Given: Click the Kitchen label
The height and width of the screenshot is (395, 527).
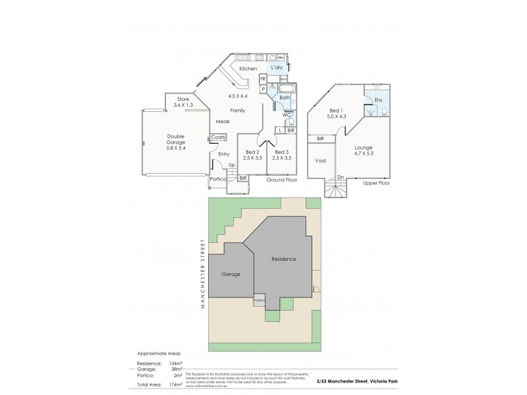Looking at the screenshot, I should [x=248, y=68].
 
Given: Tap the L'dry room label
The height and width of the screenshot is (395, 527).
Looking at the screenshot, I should [x=277, y=68].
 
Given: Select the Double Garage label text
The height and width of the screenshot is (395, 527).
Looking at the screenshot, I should [x=175, y=140].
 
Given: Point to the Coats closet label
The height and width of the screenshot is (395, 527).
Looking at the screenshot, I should [x=219, y=137].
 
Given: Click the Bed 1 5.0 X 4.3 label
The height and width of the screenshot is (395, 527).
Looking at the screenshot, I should [x=337, y=113].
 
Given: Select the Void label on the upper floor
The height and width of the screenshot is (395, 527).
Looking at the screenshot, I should [x=321, y=161].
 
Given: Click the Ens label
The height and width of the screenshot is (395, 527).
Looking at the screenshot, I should [x=378, y=100].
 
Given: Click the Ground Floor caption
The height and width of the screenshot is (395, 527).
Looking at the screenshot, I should [x=282, y=179].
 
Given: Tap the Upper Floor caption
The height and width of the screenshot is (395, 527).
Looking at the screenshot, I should [x=376, y=183].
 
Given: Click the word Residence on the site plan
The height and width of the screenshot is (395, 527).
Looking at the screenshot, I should [x=284, y=259].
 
